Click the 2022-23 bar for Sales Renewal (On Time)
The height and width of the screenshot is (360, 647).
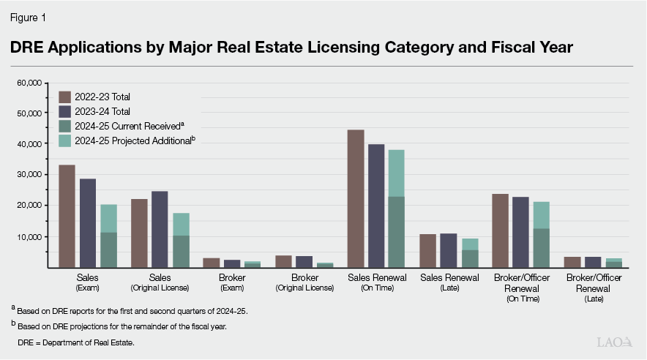pyautogui.click(x=356, y=198)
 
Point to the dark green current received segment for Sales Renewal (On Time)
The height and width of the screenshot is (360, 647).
pyautogui.click(x=396, y=232)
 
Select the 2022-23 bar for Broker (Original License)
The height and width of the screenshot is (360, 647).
pyautogui.click(x=283, y=261)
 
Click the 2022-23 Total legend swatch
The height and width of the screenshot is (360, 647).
pyautogui.click(x=65, y=97)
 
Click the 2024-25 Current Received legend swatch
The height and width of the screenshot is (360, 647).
pyautogui.click(x=65, y=126)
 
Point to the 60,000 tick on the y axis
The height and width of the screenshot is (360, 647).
pyautogui.click(x=29, y=83)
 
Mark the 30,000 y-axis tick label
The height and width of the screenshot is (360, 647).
pyautogui.click(x=29, y=175)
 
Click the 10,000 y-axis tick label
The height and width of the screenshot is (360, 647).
pyautogui.click(x=29, y=237)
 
